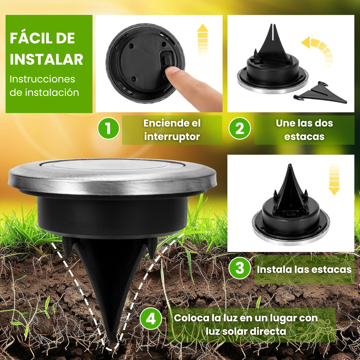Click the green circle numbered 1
(x=108, y=128)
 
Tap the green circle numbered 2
(x=240, y=128)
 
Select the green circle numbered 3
(x=240, y=268)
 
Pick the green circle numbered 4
(x=151, y=319)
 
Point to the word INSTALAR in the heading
(x=46, y=59)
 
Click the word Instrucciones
(x=42, y=79)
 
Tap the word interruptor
(x=172, y=137)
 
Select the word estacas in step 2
(x=304, y=137)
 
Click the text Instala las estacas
(x=304, y=269)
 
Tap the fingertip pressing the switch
(x=172, y=72)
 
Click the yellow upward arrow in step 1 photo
(x=203, y=39)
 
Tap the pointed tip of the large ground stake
(x=112, y=338)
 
